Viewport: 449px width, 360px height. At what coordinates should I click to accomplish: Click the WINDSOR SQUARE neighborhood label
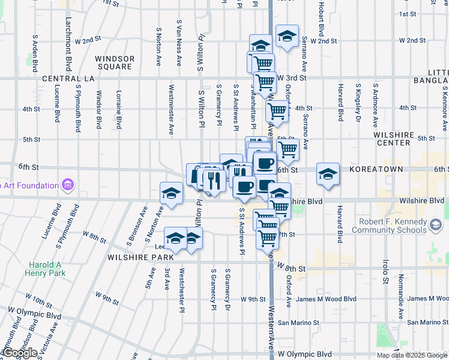click(x=113, y=62)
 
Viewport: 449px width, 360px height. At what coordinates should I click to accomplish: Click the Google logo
click(x=20, y=353)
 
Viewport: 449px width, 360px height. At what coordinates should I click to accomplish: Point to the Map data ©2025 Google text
click(x=412, y=355)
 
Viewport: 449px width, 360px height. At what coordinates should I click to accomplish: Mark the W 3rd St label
click(x=292, y=79)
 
